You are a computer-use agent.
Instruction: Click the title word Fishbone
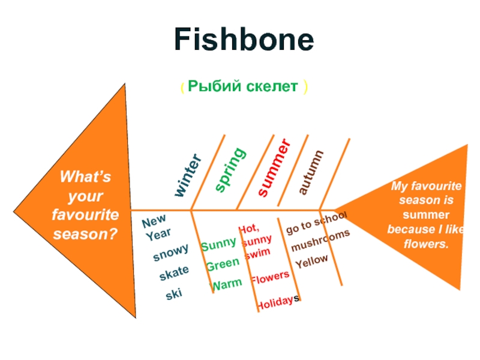click(x=244, y=40)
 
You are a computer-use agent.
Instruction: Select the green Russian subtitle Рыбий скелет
click(x=243, y=87)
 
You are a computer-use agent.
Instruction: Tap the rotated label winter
click(x=188, y=175)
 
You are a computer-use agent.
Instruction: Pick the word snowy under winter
click(x=170, y=253)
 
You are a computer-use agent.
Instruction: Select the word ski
click(x=174, y=294)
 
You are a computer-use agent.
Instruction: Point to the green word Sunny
click(x=218, y=244)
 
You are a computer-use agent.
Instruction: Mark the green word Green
click(x=222, y=265)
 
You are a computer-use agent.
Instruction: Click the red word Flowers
click(x=270, y=277)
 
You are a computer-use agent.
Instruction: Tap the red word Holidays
click(x=278, y=304)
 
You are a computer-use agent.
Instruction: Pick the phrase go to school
click(x=316, y=223)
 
